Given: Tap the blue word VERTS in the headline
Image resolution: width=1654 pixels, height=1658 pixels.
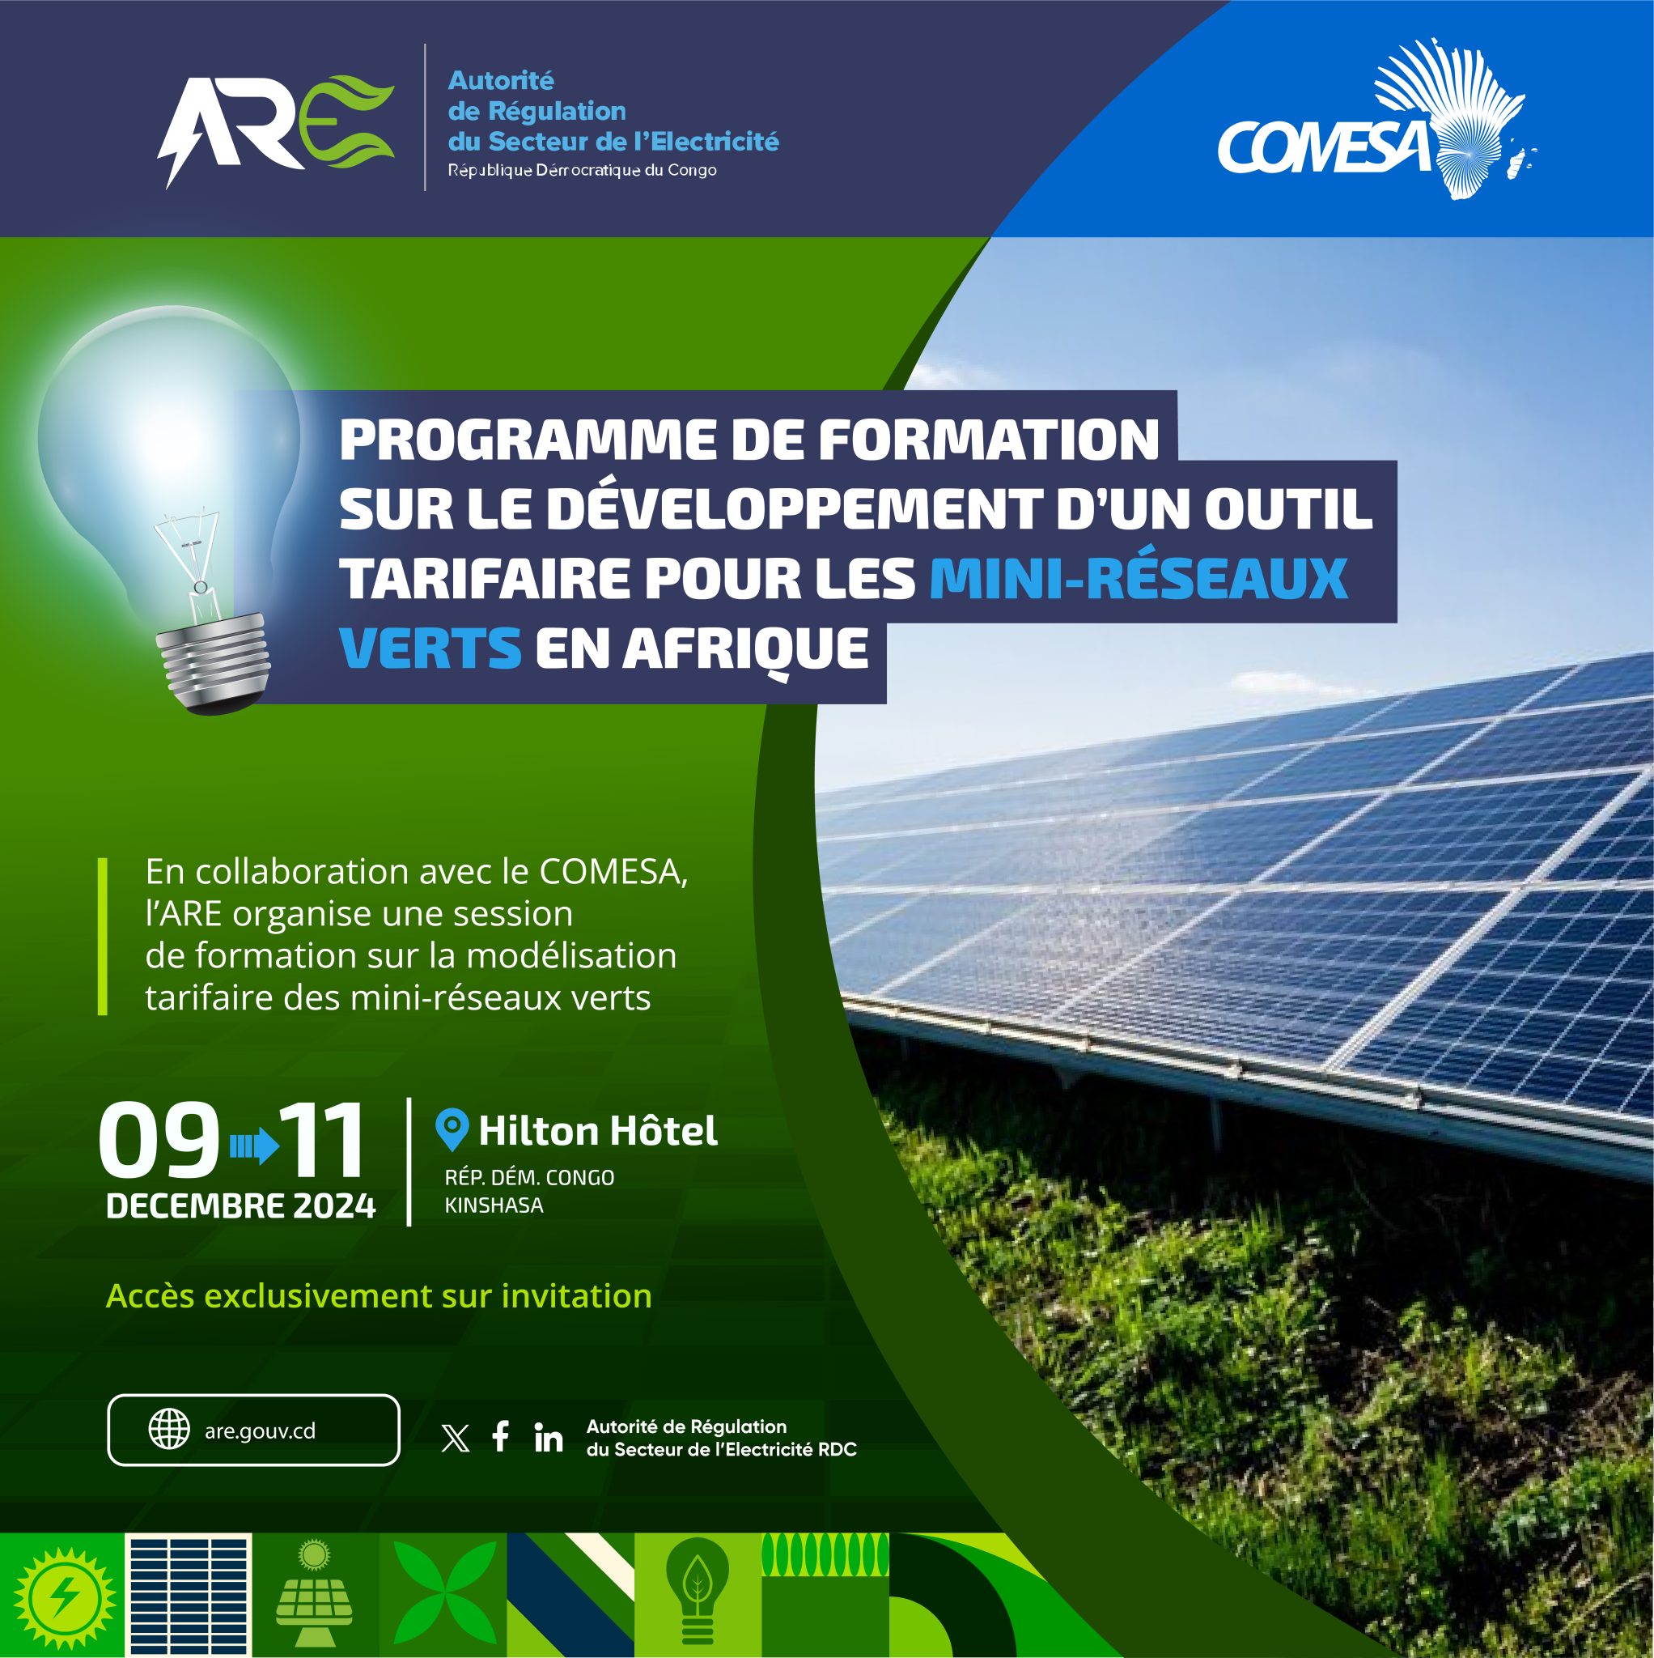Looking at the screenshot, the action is pyautogui.click(x=430, y=648).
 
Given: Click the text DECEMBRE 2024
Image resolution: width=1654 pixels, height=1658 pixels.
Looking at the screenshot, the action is pyautogui.click(x=241, y=1206).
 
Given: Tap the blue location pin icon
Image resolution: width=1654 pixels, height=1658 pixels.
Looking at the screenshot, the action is pyautogui.click(x=452, y=1130).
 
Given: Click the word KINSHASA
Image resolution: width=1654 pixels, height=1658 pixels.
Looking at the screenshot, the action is pyautogui.click(x=494, y=1205).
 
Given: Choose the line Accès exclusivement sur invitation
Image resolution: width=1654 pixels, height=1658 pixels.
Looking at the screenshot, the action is pyautogui.click(x=379, y=1296).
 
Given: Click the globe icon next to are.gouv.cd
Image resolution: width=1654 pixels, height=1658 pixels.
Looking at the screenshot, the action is pyautogui.click(x=169, y=1431).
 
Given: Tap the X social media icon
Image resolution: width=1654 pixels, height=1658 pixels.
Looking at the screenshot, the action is pyautogui.click(x=455, y=1439).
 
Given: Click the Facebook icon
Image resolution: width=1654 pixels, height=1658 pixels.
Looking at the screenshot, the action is pyautogui.click(x=501, y=1437).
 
